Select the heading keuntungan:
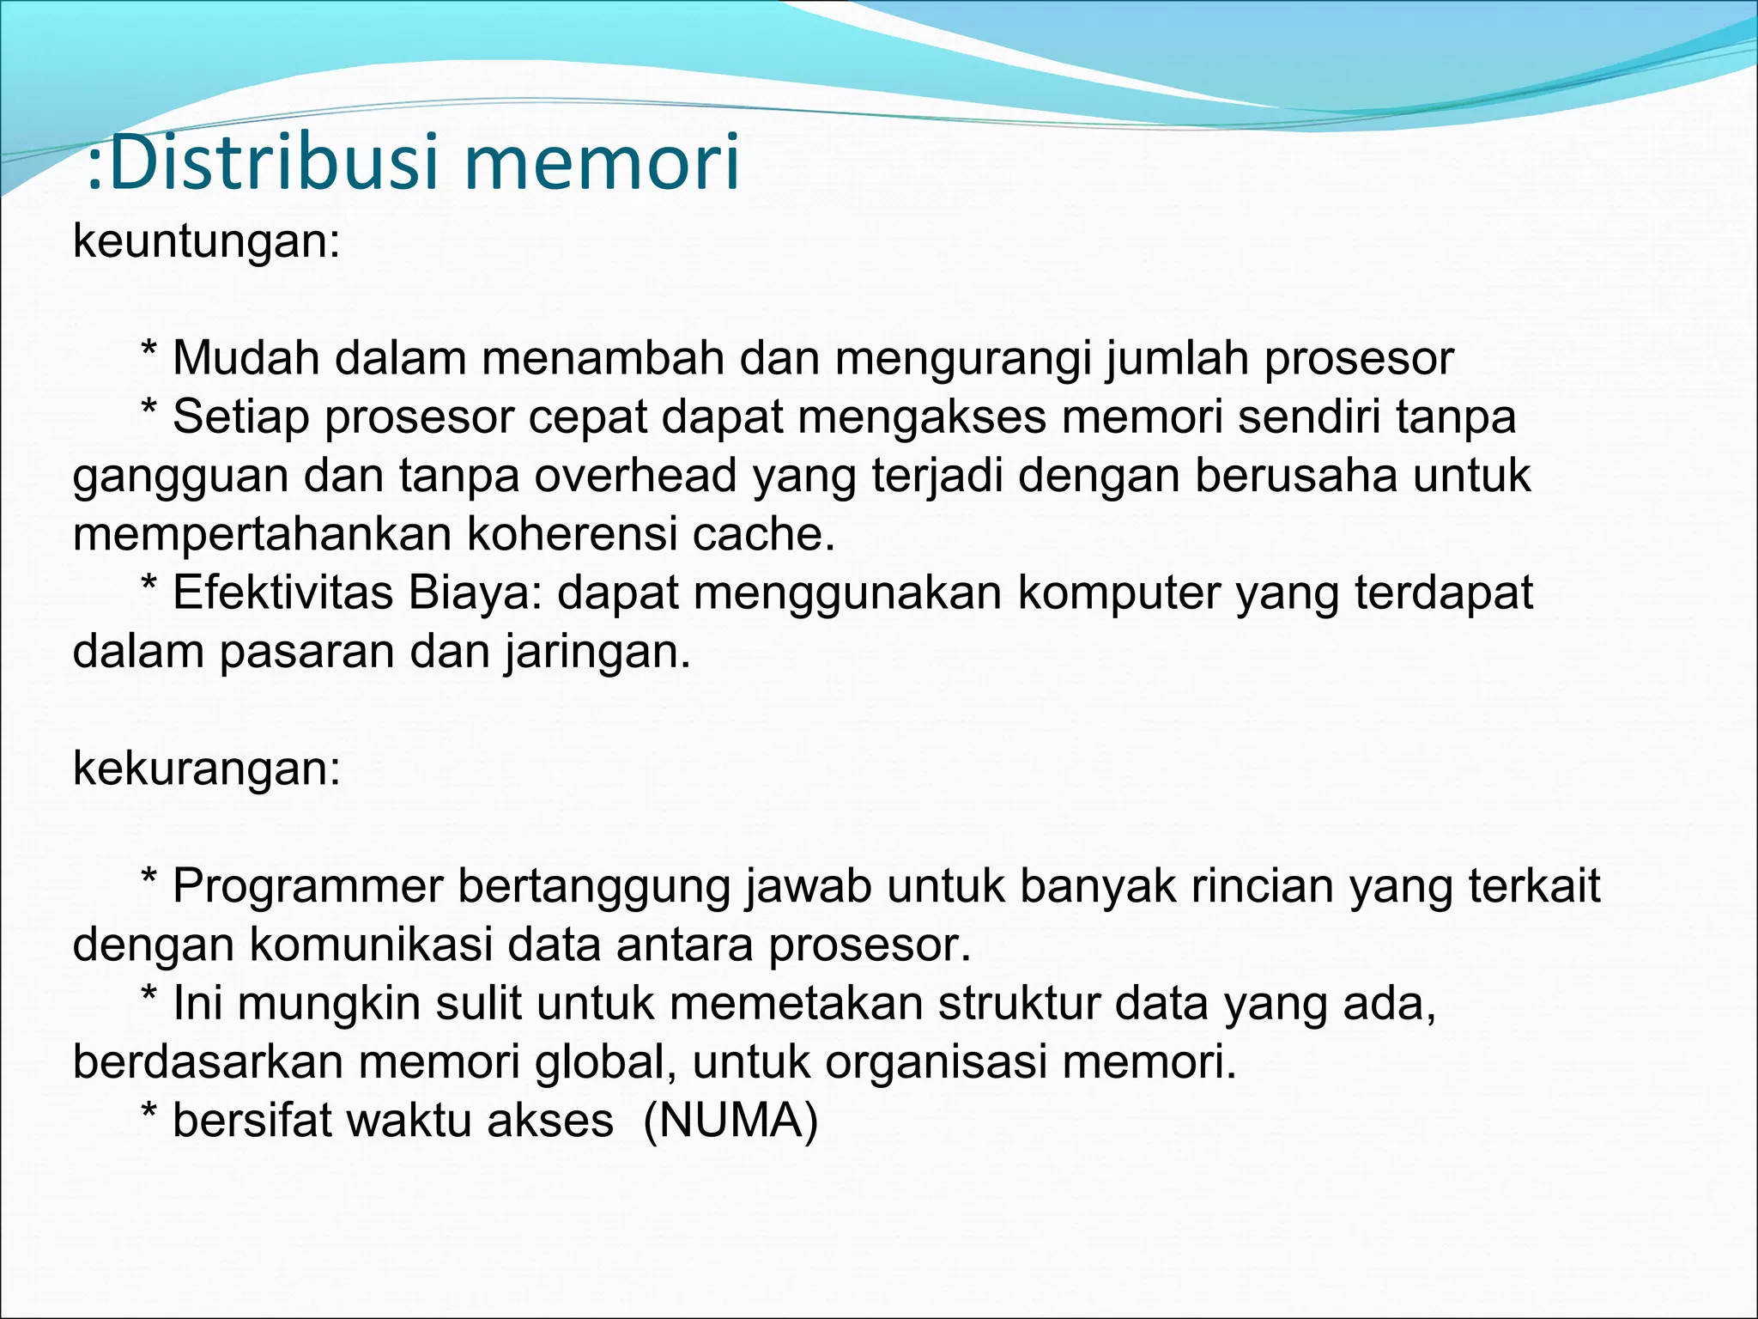tap(207, 241)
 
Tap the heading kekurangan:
tap(207, 768)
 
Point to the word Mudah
tap(246, 358)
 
